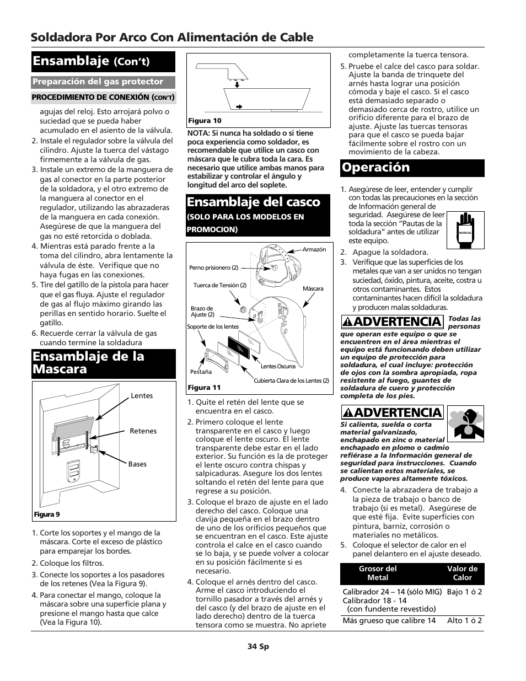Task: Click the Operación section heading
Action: click(375, 168)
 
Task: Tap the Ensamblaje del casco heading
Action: click(254, 202)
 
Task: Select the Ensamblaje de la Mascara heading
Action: click(88, 363)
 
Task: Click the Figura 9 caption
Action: click(47, 514)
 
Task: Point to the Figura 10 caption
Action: click(205, 121)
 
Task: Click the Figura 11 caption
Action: click(204, 388)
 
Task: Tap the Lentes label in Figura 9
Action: click(142, 396)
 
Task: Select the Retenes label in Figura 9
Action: click(143, 431)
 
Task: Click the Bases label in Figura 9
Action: click(137, 464)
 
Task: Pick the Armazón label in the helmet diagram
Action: click(314, 250)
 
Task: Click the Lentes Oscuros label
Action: click(278, 366)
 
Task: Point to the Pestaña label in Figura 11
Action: click(201, 372)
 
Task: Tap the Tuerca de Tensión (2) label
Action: click(219, 286)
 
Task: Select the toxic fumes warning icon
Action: click(465, 423)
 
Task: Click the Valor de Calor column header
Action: click(462, 573)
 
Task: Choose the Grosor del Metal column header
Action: click(378, 573)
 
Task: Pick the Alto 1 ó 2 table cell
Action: click(464, 621)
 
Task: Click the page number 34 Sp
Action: click(258, 646)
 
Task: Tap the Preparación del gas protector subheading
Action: click(98, 82)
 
